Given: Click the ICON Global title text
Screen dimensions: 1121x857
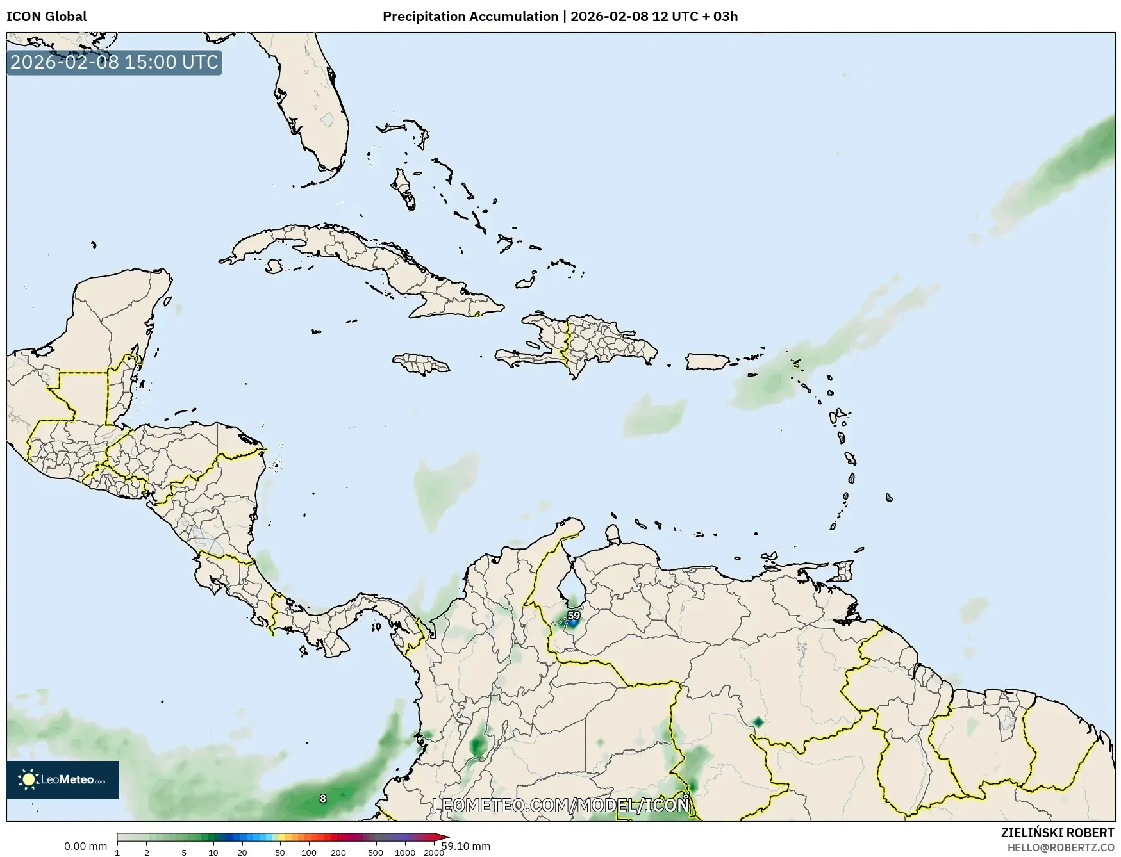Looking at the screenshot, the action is [x=46, y=17].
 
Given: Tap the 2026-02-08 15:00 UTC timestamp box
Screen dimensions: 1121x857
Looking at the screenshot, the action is [x=114, y=63].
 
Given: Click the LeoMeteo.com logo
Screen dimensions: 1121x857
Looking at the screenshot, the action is [x=63, y=779].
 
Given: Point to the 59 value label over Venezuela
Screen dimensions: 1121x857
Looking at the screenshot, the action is [x=574, y=616].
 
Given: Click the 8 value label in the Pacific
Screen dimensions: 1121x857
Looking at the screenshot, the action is [x=323, y=799].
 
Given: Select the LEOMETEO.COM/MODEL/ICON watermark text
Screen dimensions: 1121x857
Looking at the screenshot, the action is [x=561, y=804].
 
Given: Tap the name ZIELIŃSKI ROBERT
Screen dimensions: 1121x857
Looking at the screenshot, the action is [x=1058, y=833].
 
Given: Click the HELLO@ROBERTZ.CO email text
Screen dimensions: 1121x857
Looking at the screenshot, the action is [x=1061, y=847].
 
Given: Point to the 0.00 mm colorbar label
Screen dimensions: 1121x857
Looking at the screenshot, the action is [x=85, y=846].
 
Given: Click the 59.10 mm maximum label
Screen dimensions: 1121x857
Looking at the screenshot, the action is [x=466, y=846].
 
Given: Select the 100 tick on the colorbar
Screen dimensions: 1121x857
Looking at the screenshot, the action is [x=309, y=853].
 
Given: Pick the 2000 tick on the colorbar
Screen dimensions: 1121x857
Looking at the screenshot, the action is [x=434, y=853].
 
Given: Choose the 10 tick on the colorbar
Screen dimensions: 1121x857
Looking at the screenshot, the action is [x=213, y=853].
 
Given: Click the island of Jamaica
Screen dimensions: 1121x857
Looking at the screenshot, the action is [x=421, y=364].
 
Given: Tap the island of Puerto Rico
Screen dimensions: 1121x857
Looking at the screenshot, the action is [x=708, y=361].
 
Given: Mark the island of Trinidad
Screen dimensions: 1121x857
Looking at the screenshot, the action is [x=845, y=571].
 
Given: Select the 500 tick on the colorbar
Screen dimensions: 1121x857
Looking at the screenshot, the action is [x=376, y=853].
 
